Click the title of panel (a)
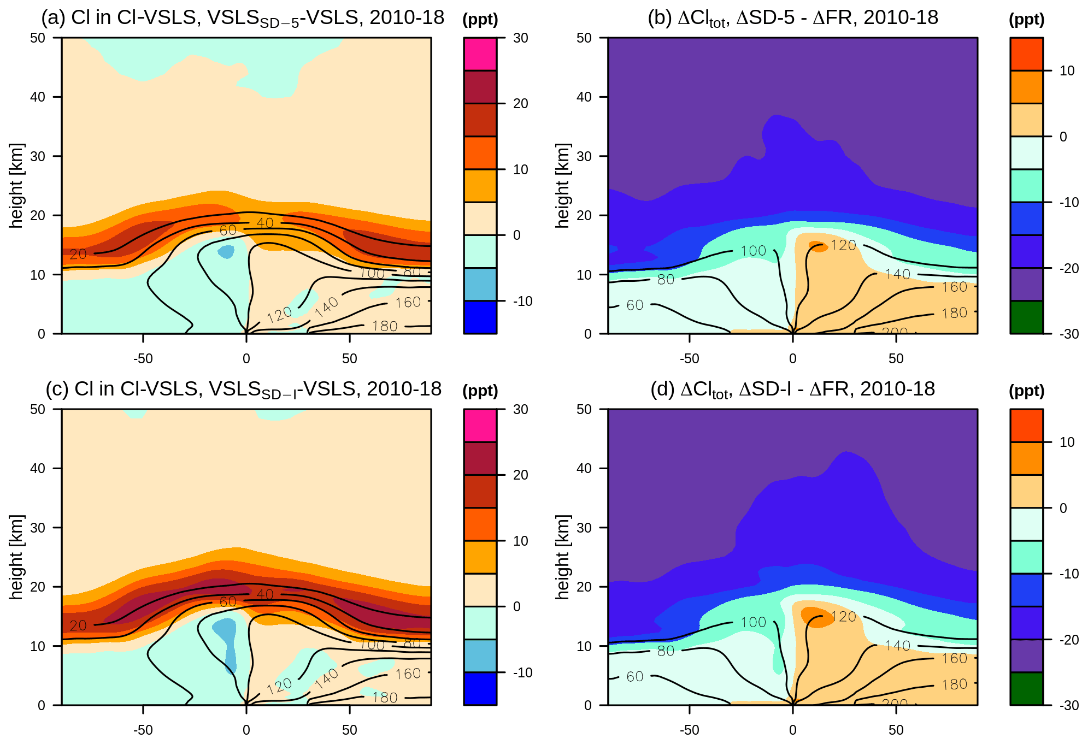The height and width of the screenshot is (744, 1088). click(243, 18)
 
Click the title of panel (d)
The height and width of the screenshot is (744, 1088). click(792, 389)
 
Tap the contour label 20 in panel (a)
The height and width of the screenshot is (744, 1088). click(78, 254)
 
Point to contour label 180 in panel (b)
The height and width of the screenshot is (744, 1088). click(954, 313)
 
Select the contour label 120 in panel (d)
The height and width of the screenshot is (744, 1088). click(843, 617)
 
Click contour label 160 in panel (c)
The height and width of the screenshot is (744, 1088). click(408, 674)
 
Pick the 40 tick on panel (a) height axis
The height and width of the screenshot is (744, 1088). click(38, 97)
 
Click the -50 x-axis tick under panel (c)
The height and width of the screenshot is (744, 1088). click(143, 730)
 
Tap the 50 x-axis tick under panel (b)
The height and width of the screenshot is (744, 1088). click(896, 358)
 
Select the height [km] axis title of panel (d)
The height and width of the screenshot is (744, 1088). click(563, 557)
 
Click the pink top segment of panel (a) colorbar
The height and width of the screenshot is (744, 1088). click(480, 54)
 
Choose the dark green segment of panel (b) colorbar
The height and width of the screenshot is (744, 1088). click(1026, 317)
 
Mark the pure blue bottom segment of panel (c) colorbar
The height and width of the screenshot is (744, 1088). click(480, 688)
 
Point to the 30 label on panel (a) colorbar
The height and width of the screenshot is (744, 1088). click(520, 38)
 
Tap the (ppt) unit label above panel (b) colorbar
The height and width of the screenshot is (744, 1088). click(1026, 20)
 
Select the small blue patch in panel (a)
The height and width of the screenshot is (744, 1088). click(226, 252)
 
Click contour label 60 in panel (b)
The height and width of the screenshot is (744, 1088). click(634, 305)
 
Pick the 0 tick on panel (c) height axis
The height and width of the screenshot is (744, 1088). click(42, 705)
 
